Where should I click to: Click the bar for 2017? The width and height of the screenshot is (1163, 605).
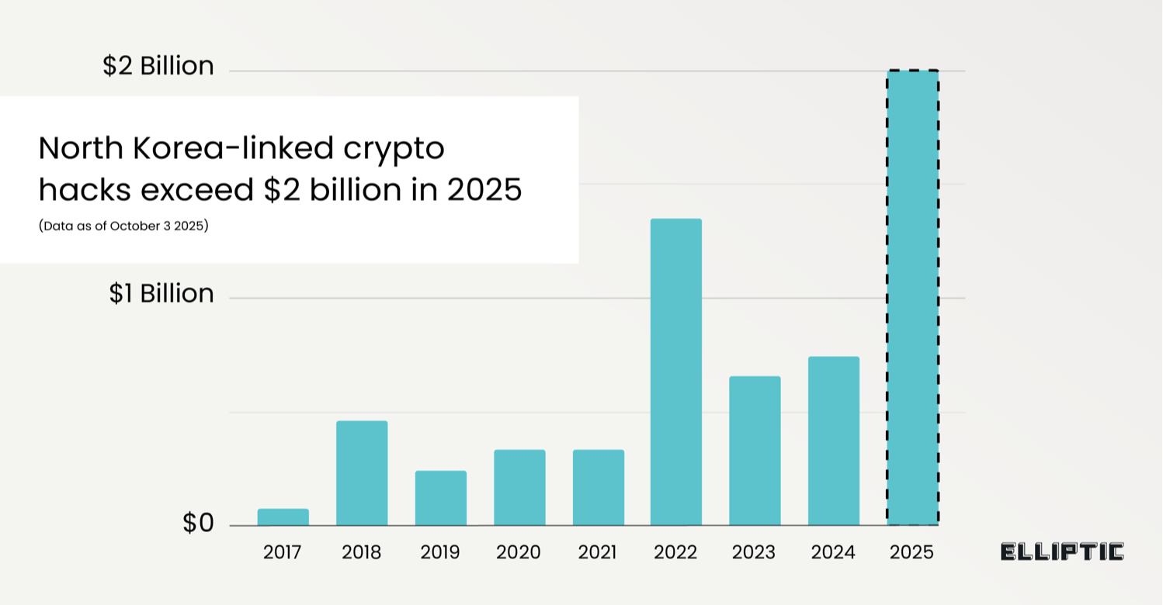click(x=283, y=517)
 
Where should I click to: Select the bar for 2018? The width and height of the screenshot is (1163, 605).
click(x=362, y=473)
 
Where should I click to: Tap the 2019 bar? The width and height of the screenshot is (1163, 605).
click(x=441, y=498)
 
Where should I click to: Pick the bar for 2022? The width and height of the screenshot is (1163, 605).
click(x=676, y=372)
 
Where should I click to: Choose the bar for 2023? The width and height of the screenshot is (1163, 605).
click(x=755, y=451)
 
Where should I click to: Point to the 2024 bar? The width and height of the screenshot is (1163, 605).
click(x=834, y=441)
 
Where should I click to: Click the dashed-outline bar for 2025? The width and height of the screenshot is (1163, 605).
click(x=913, y=298)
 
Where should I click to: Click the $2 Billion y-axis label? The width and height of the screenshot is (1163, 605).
click(x=158, y=67)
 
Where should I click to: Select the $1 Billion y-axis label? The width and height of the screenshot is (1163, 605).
click(x=161, y=294)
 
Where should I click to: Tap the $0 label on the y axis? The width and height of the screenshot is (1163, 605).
click(x=198, y=524)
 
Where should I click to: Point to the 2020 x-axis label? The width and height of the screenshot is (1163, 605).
click(x=519, y=553)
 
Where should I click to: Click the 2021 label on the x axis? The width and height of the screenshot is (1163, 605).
click(x=598, y=553)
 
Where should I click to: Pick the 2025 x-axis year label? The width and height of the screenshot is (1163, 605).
click(x=912, y=553)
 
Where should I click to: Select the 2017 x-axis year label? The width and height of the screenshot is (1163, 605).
click(x=282, y=553)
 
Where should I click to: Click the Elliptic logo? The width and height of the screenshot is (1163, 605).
click(x=1062, y=552)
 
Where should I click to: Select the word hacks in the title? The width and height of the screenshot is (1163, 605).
click(x=77, y=190)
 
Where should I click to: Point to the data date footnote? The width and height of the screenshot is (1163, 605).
click(x=123, y=227)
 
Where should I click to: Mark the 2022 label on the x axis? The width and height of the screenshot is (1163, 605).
click(x=675, y=553)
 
